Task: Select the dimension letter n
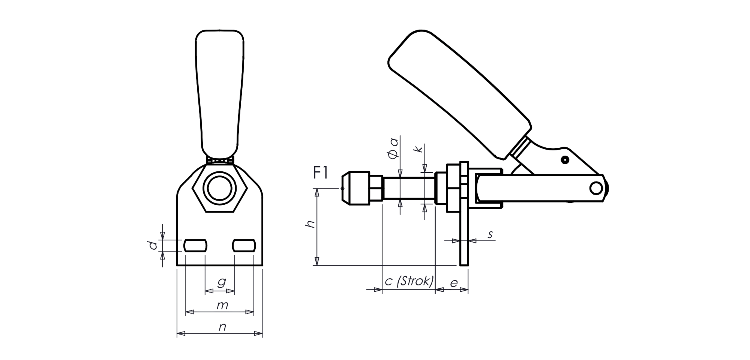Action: coord(222,327)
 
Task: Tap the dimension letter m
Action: coord(222,306)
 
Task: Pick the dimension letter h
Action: coord(310,225)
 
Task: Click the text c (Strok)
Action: coord(409,281)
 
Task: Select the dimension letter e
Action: coord(454,283)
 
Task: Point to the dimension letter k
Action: coord(419,149)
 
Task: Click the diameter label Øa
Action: coord(393,148)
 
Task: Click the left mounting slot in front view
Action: coord(195,246)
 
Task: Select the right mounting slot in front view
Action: coord(244,246)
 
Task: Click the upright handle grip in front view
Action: coord(220,94)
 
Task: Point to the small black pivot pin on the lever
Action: coord(564,160)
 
